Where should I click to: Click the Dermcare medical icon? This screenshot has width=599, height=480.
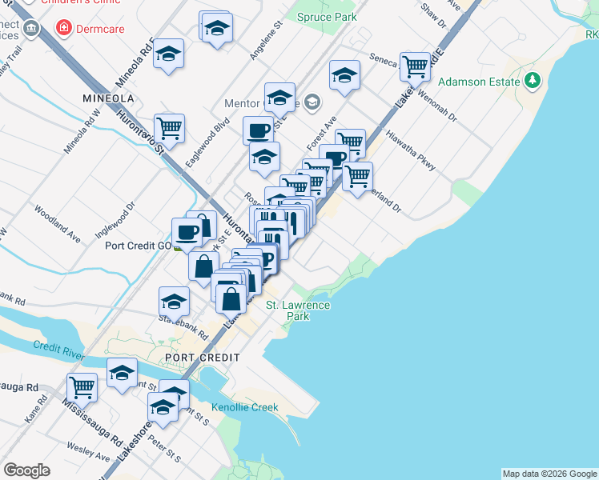click(x=62, y=28)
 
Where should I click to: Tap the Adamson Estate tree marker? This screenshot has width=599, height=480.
click(x=531, y=81)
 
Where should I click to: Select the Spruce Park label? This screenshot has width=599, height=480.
click(x=326, y=16)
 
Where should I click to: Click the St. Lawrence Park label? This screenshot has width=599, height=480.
click(x=298, y=310)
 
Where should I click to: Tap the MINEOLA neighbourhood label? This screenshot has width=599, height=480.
click(x=107, y=98)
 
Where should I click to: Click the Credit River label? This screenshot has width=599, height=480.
click(x=59, y=348)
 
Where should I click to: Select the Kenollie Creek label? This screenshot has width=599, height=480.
click(x=245, y=407)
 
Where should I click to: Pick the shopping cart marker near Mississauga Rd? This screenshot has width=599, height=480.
click(x=82, y=387)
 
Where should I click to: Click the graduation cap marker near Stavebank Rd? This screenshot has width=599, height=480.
click(x=174, y=302)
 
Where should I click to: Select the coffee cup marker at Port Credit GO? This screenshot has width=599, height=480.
click(x=186, y=232)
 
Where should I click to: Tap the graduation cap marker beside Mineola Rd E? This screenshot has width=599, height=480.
click(x=168, y=54)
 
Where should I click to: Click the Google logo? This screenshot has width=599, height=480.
click(x=26, y=470)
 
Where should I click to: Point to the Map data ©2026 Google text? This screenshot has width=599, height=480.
click(x=549, y=474)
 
